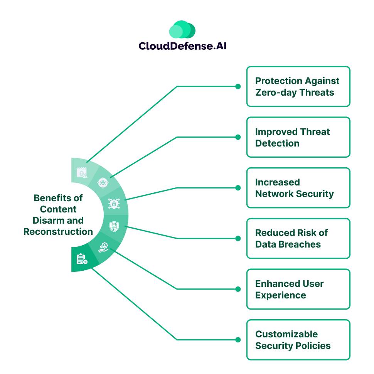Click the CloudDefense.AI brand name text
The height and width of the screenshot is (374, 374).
(x=182, y=46)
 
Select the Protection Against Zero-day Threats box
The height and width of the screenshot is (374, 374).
(x=298, y=86)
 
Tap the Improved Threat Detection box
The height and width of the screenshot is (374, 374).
(x=298, y=137)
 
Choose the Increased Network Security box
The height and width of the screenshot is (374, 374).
(x=298, y=188)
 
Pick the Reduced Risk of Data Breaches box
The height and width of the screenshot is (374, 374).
(x=298, y=238)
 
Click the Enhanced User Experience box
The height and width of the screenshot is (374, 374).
(x=298, y=289)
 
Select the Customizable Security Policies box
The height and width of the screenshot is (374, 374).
(x=298, y=340)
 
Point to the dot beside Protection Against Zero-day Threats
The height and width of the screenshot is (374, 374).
(x=238, y=86)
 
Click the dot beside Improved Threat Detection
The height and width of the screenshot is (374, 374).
(x=238, y=137)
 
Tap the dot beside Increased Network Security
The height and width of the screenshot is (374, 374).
(x=238, y=188)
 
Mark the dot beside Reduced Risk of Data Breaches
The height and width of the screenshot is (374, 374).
(x=238, y=238)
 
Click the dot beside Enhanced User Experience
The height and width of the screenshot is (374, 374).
(x=238, y=289)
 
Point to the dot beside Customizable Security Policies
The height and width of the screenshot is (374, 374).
(x=238, y=340)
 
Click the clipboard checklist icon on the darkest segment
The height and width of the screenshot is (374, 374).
(x=81, y=259)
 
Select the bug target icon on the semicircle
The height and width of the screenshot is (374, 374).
(x=103, y=182)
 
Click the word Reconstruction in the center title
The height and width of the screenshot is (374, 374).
(x=58, y=232)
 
